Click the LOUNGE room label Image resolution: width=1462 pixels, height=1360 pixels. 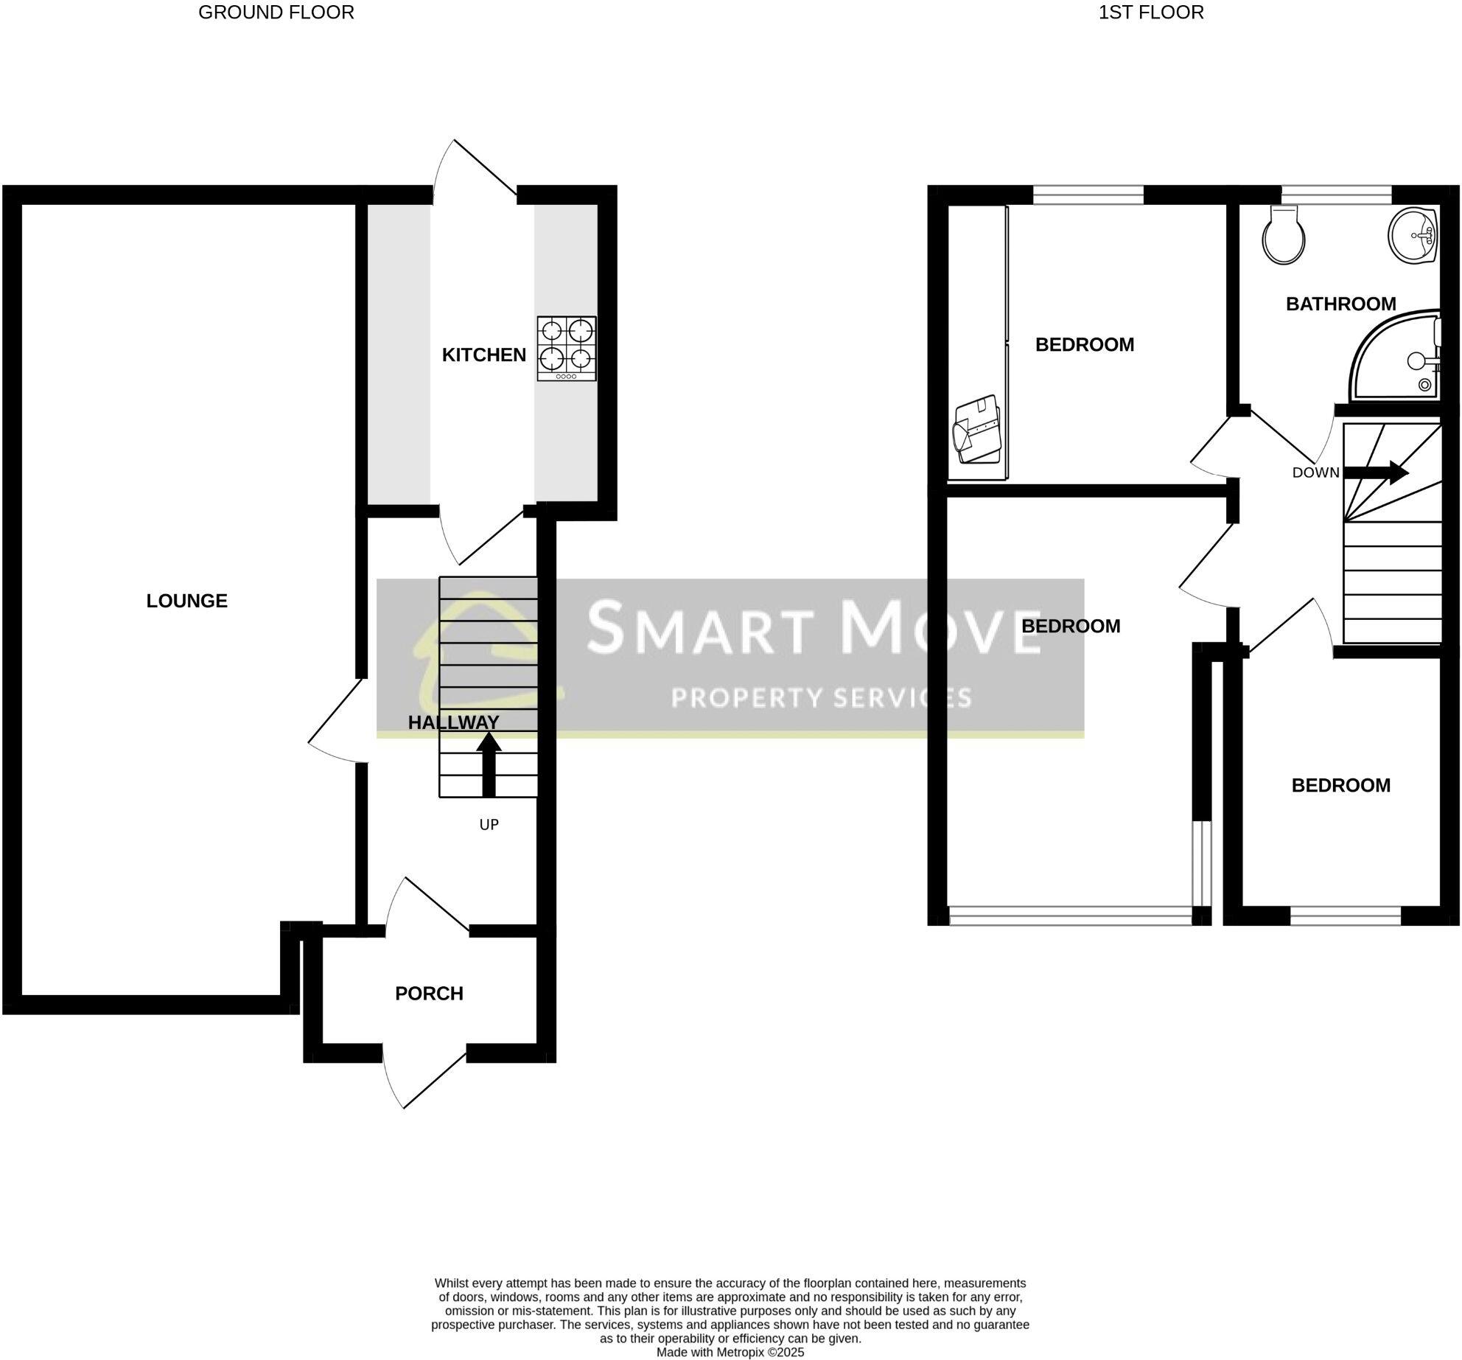tap(186, 601)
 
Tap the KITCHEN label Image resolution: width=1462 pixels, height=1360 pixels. tap(483, 355)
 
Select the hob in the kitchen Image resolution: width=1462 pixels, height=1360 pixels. tap(566, 348)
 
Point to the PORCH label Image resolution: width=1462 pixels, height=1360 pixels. tap(429, 994)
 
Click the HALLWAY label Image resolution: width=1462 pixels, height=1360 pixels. tap(453, 722)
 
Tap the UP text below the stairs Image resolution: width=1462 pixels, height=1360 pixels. tap(489, 824)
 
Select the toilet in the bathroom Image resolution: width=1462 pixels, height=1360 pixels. tap(1284, 234)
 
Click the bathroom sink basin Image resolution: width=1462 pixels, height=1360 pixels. tap(1412, 235)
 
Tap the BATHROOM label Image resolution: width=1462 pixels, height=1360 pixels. tap(1340, 304)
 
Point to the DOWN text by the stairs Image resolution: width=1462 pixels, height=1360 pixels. tap(1315, 472)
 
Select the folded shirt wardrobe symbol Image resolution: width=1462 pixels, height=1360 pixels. tap(976, 430)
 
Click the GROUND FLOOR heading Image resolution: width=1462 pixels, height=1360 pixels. tap(276, 13)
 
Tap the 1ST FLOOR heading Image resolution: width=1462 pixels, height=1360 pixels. tap(1151, 13)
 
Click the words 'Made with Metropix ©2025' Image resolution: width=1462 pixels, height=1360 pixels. tap(730, 1352)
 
